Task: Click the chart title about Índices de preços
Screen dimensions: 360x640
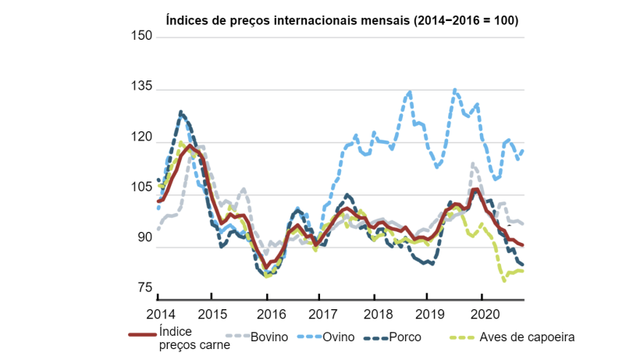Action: pyautogui.click(x=342, y=20)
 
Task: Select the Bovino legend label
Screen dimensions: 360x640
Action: pyautogui.click(x=269, y=337)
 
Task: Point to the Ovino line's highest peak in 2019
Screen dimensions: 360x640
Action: pyautogui.click(x=455, y=91)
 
